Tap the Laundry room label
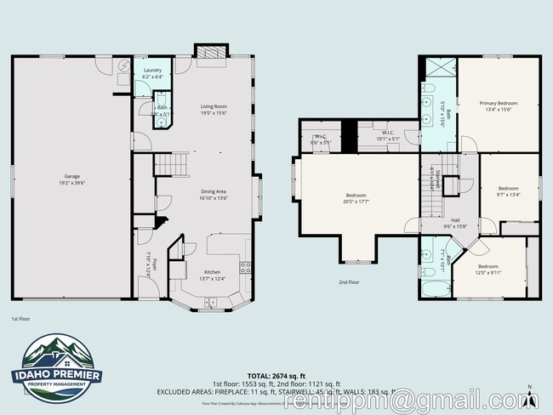tap(152, 70)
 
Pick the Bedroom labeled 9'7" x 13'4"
tap(508, 189)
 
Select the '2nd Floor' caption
tap(349, 281)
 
